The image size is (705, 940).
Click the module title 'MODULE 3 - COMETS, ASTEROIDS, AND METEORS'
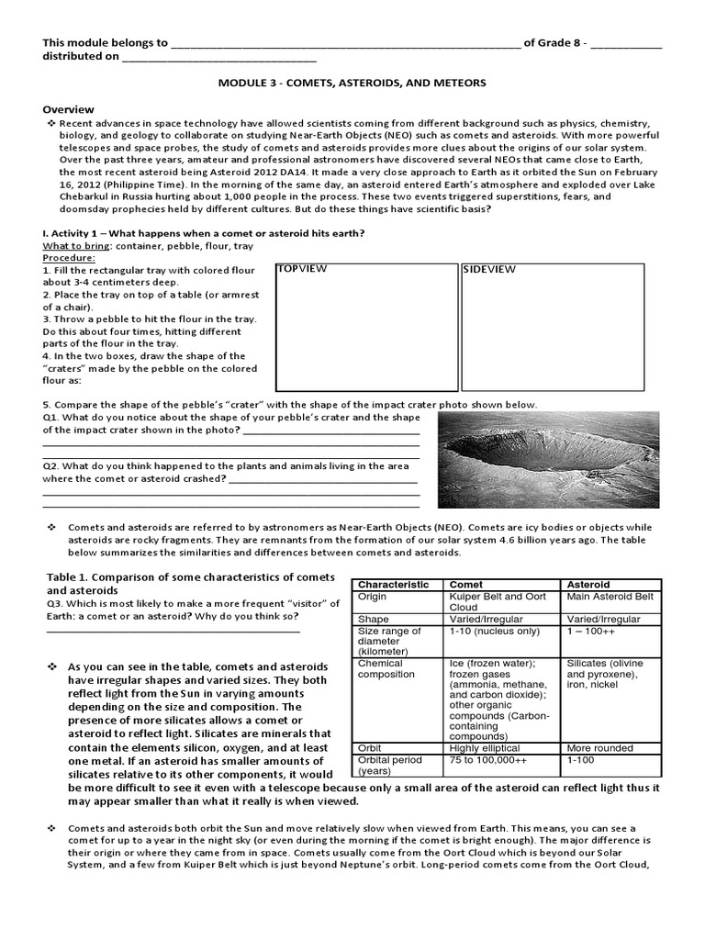click(352, 83)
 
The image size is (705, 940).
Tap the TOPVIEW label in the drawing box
click(302, 268)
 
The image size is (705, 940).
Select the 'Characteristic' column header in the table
click(393, 584)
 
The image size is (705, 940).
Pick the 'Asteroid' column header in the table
click(588, 584)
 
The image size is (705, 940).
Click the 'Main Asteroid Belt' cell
click(610, 597)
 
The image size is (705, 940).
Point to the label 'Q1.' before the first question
click(51, 417)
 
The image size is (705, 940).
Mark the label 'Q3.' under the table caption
click(55, 603)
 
